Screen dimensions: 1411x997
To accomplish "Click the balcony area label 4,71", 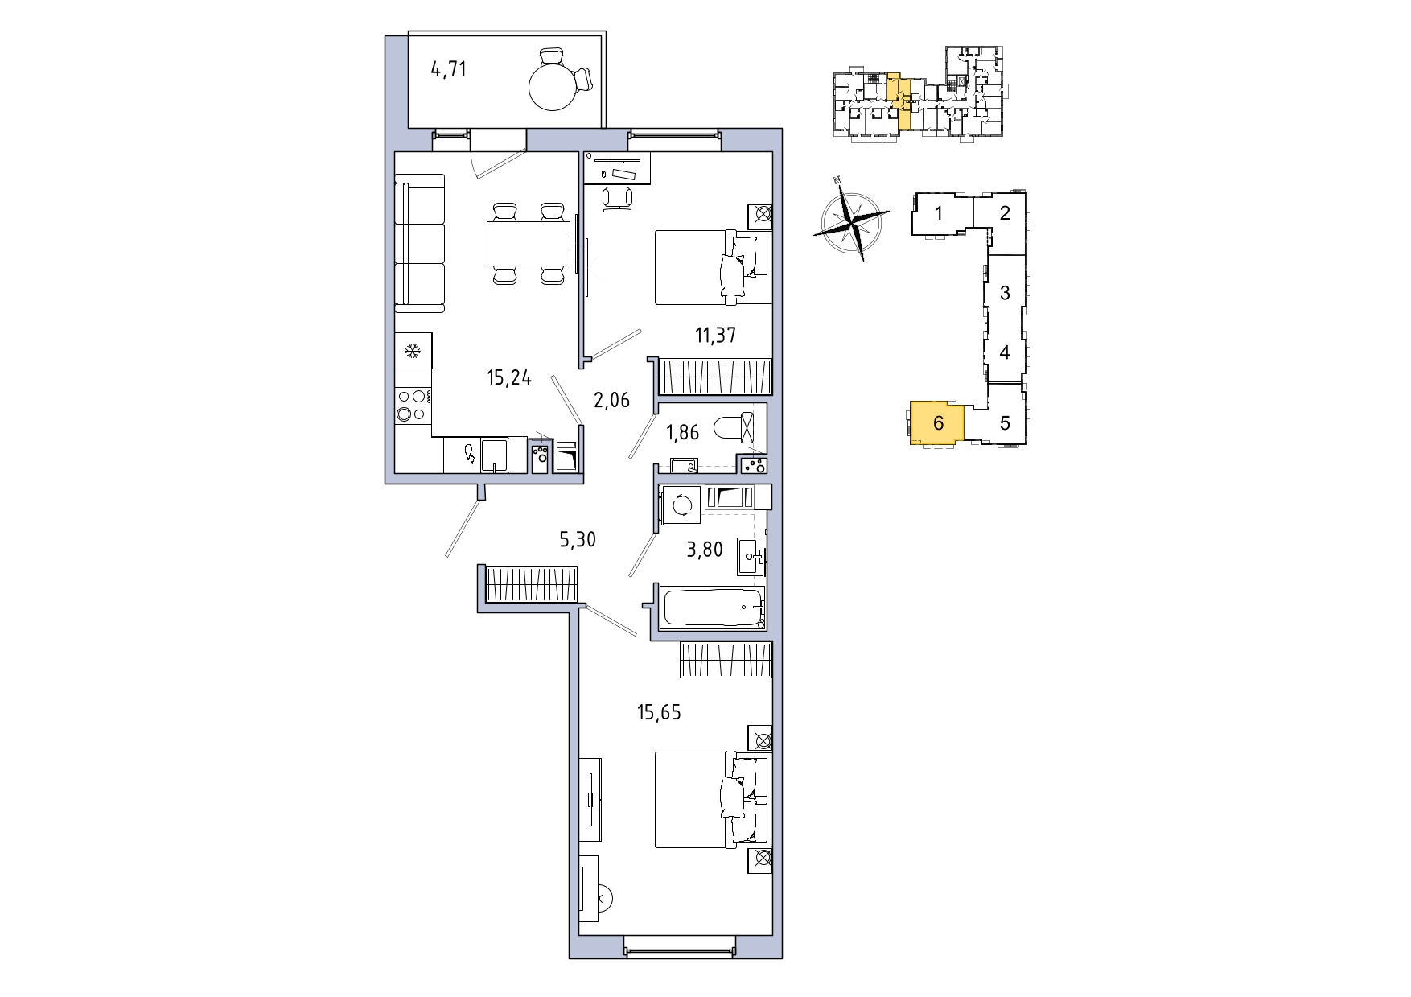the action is coord(448,69).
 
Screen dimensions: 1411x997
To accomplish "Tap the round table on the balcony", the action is coord(554,86).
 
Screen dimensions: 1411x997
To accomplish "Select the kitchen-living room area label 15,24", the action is coord(508,377).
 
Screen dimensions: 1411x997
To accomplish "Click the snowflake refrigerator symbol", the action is coord(413,351).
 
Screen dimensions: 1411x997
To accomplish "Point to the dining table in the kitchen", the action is coord(528,244).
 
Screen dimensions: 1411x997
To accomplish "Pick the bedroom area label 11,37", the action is coord(715,335).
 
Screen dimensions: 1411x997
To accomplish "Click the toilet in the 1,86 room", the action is coord(734,426).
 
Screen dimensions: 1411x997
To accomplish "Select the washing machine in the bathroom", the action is coord(681,505).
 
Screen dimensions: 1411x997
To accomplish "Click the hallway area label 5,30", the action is coord(578,539).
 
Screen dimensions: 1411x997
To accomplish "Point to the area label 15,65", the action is coord(659,712).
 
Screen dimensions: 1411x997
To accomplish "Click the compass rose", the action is coord(852,219).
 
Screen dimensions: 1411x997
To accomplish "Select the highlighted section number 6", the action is coord(938,422).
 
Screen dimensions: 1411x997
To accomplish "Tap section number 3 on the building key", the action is coord(1005,293).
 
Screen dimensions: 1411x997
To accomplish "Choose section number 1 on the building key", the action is coord(938,213).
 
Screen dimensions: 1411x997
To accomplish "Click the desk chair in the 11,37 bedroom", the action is coord(618,198).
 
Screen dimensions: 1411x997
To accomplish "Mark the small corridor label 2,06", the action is coord(611,400).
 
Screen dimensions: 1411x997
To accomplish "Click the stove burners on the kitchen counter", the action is coord(413,405).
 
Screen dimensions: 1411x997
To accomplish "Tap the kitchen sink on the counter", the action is coord(494,455).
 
